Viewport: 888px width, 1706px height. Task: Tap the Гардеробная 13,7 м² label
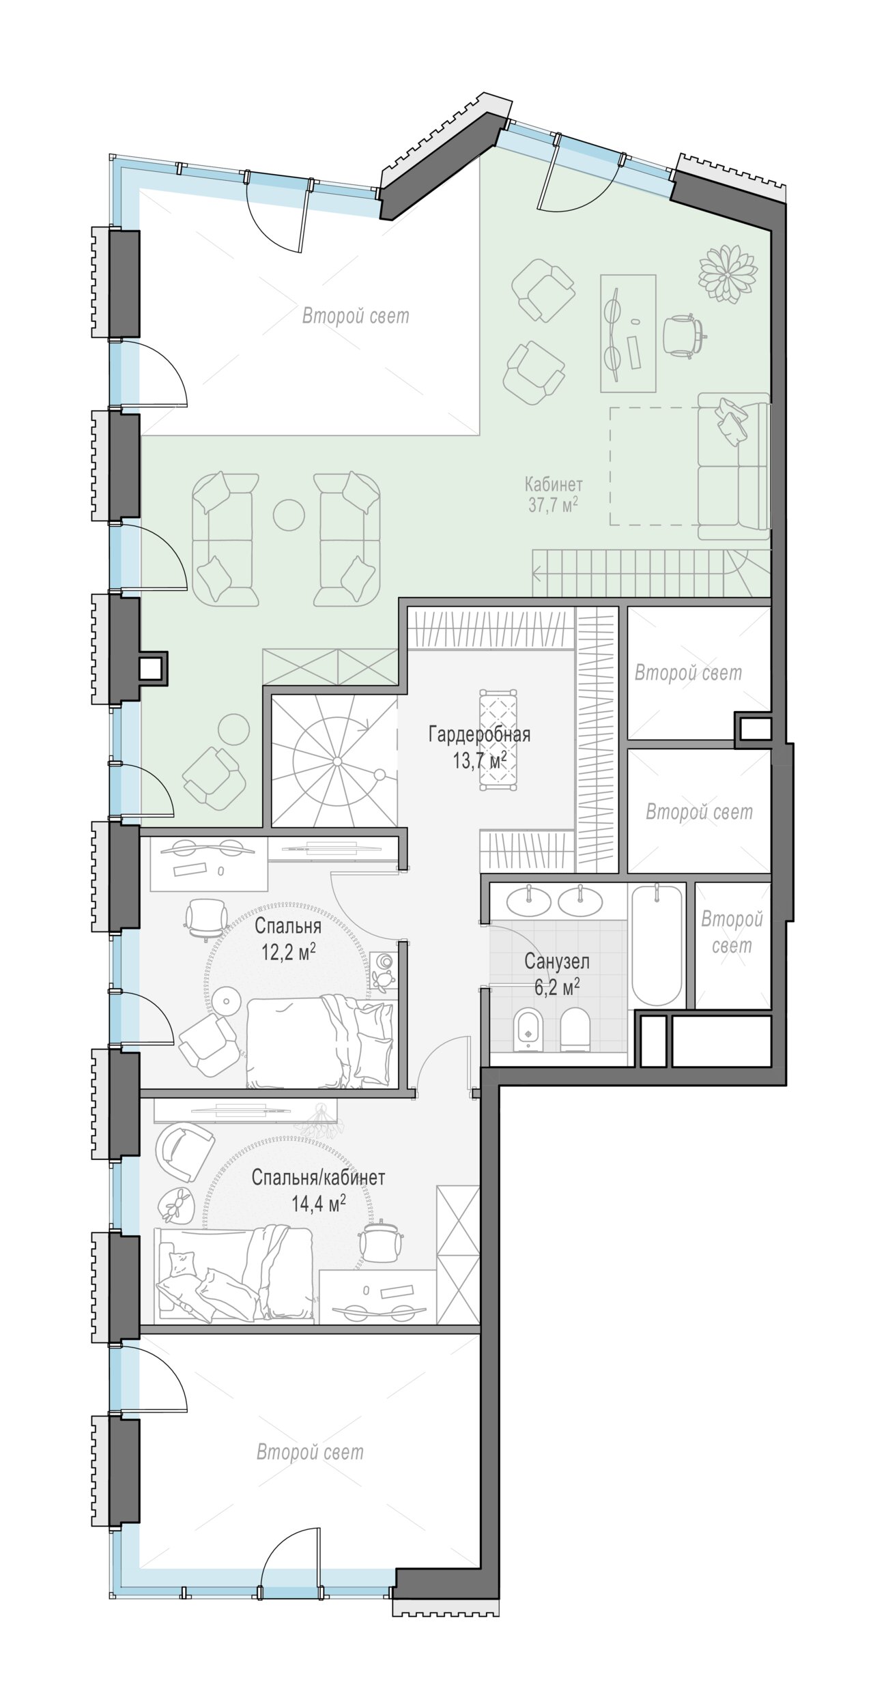pos(479,747)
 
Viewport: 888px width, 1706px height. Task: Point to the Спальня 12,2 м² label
pos(288,939)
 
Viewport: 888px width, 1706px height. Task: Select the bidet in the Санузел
pos(528,1028)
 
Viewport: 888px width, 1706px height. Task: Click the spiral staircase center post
pos(337,761)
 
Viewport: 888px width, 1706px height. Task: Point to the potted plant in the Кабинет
pos(727,274)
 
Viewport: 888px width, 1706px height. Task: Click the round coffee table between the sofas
pos(289,515)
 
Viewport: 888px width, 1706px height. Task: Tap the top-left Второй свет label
pos(356,316)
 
